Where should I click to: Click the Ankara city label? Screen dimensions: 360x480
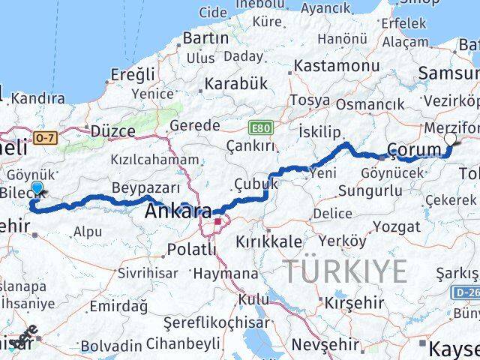point(178,211)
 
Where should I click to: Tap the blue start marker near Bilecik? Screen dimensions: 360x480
point(37,188)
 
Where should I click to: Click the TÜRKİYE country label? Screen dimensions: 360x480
point(344,271)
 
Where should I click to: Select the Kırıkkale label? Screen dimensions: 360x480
point(268,241)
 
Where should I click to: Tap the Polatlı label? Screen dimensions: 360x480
point(191,249)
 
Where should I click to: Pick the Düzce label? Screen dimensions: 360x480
point(112,131)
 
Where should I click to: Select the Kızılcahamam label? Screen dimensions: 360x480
point(155,160)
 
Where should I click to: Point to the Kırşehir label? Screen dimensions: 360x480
point(354,302)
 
